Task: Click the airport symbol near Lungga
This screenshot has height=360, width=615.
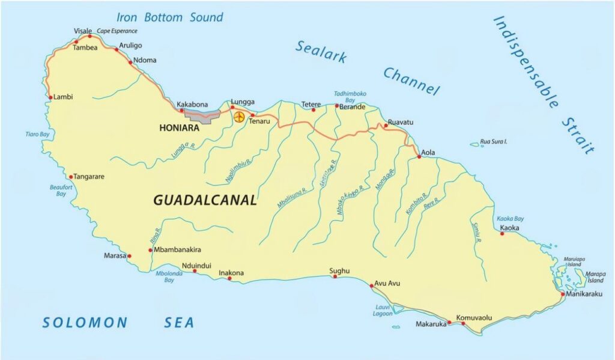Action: (239, 117)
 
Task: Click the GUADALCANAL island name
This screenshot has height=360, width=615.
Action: (205, 201)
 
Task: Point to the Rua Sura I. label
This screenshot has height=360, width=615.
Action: (494, 142)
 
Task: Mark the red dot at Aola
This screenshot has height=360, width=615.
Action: (419, 157)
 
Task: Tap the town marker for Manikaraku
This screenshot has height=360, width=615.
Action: (562, 294)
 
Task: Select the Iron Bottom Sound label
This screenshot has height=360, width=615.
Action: (169, 17)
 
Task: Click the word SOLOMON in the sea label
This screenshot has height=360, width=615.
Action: (85, 323)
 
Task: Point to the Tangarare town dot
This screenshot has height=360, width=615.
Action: (71, 177)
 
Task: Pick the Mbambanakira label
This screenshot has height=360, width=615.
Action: (177, 249)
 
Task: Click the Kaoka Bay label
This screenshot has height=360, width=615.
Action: (510, 219)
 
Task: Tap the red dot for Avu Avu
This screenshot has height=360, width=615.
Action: (372, 285)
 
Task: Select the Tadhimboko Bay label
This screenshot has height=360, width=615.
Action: (350, 97)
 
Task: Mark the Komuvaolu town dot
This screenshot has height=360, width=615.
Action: (463, 323)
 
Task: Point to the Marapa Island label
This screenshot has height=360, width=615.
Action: (596, 277)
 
